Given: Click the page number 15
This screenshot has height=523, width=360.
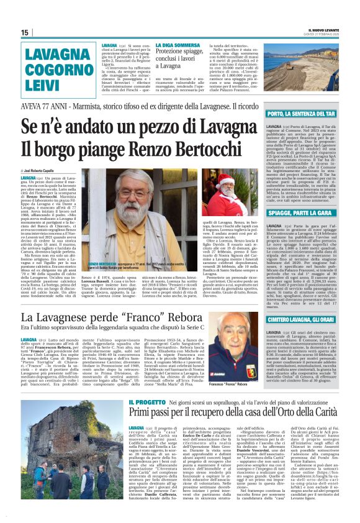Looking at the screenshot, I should [x=25, y=32].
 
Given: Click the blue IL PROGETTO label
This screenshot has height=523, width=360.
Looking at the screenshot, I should [x=146, y=402].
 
